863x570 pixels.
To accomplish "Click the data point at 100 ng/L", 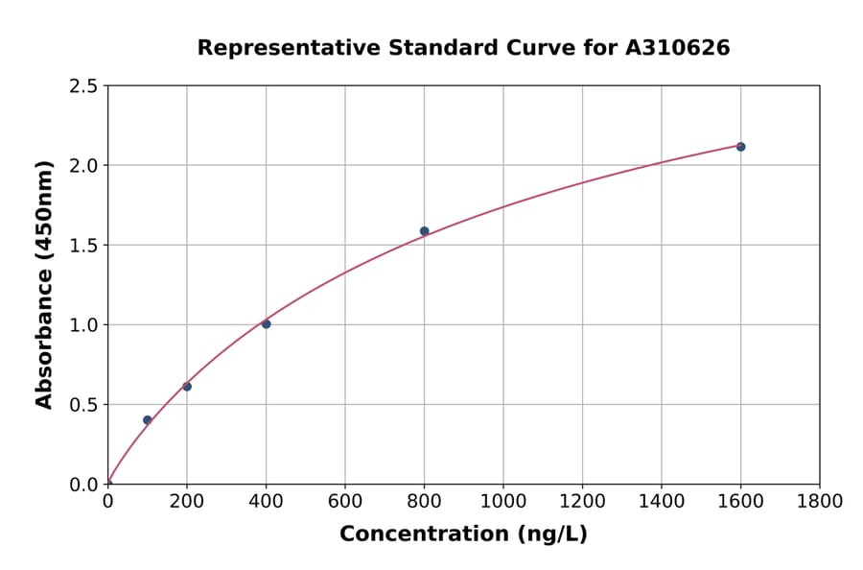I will coord(147,420).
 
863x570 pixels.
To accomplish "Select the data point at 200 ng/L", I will coord(187,387).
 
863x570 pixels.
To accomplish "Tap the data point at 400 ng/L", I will coord(266,324).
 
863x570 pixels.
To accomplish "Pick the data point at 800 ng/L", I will coord(424,231).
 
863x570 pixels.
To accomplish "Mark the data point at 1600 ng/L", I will coord(740,147).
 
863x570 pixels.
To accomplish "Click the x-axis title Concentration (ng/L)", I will coord(463,534).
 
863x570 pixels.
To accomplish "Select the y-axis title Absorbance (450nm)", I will coord(44,285).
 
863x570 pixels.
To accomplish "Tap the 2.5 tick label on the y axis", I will coord(83,86).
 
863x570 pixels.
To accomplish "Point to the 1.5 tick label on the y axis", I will coord(83,246).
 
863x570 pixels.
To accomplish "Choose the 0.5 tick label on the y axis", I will coord(83,405).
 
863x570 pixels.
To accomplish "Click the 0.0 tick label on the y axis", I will coord(83,485).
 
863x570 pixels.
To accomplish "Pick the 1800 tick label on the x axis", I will coord(819,502).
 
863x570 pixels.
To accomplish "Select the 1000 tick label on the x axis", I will coord(502,502).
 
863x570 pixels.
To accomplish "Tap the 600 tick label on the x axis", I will coord(345,502).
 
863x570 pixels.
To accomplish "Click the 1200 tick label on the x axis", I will coord(582,502).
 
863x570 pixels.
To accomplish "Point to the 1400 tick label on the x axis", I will coord(661,502).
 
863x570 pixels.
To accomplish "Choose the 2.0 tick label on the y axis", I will coord(83,166).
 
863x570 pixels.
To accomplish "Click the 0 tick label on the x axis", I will coord(108,502).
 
